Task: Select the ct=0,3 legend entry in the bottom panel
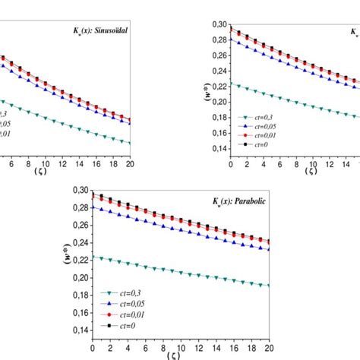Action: tap(120, 292)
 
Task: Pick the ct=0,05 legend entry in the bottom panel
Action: tap(122, 302)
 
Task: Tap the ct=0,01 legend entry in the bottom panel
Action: tap(122, 312)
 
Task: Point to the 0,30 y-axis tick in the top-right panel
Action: tap(217, 24)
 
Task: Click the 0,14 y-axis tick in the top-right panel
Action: tap(217, 149)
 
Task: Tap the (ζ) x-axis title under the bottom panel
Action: tap(180, 355)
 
